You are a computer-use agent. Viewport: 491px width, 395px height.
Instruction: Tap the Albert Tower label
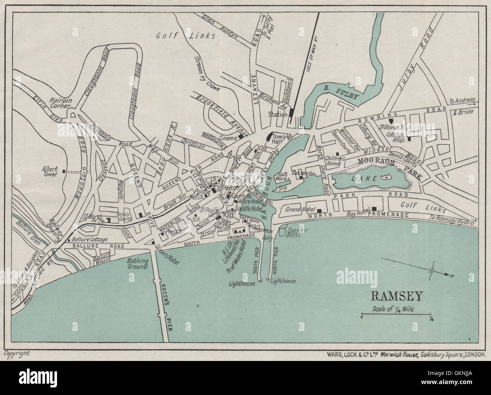tap(50, 171)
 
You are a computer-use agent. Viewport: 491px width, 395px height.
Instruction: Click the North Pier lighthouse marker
tap(268, 280)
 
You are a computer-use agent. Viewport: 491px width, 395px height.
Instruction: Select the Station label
tap(278, 114)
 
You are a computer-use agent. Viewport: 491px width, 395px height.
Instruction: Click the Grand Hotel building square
tap(320, 211)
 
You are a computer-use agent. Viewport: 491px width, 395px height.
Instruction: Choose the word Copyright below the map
tap(17, 353)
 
